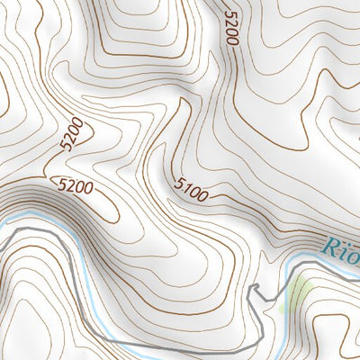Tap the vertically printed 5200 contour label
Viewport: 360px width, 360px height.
pos(232,30)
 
